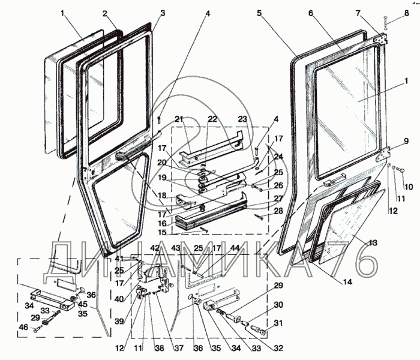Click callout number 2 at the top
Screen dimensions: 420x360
click(104, 13)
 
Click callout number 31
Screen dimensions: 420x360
click(278, 324)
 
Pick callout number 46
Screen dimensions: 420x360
click(23, 328)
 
